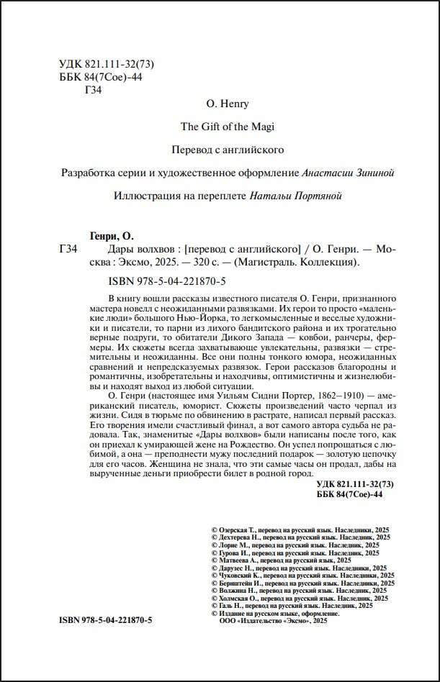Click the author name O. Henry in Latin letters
coord(228,104)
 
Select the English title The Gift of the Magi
coord(228,127)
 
